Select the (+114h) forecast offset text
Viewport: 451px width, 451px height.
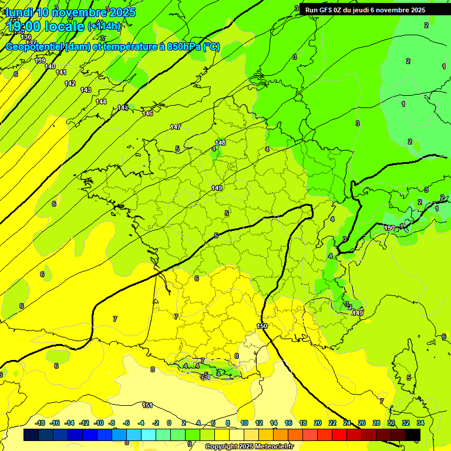(x=105, y=26)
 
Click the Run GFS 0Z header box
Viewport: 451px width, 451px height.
(x=365, y=10)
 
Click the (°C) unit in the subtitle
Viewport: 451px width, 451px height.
(x=211, y=47)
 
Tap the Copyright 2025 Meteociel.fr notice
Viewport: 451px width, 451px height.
(x=249, y=446)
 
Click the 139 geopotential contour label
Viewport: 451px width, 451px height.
(x=40, y=60)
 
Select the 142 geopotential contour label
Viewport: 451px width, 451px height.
(x=70, y=83)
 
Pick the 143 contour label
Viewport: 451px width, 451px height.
(x=86, y=90)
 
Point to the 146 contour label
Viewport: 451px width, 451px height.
(x=147, y=113)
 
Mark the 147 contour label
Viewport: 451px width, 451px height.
(x=176, y=127)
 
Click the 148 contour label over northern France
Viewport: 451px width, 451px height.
(x=220, y=143)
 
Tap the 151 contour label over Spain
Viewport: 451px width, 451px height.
(x=147, y=405)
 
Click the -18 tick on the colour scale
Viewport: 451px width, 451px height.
(x=41, y=423)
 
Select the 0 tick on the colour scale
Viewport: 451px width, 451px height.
(x=169, y=423)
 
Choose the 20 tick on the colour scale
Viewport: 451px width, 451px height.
(x=317, y=423)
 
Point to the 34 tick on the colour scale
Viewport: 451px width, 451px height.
(x=420, y=423)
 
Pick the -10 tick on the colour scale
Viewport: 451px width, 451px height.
(x=99, y=423)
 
